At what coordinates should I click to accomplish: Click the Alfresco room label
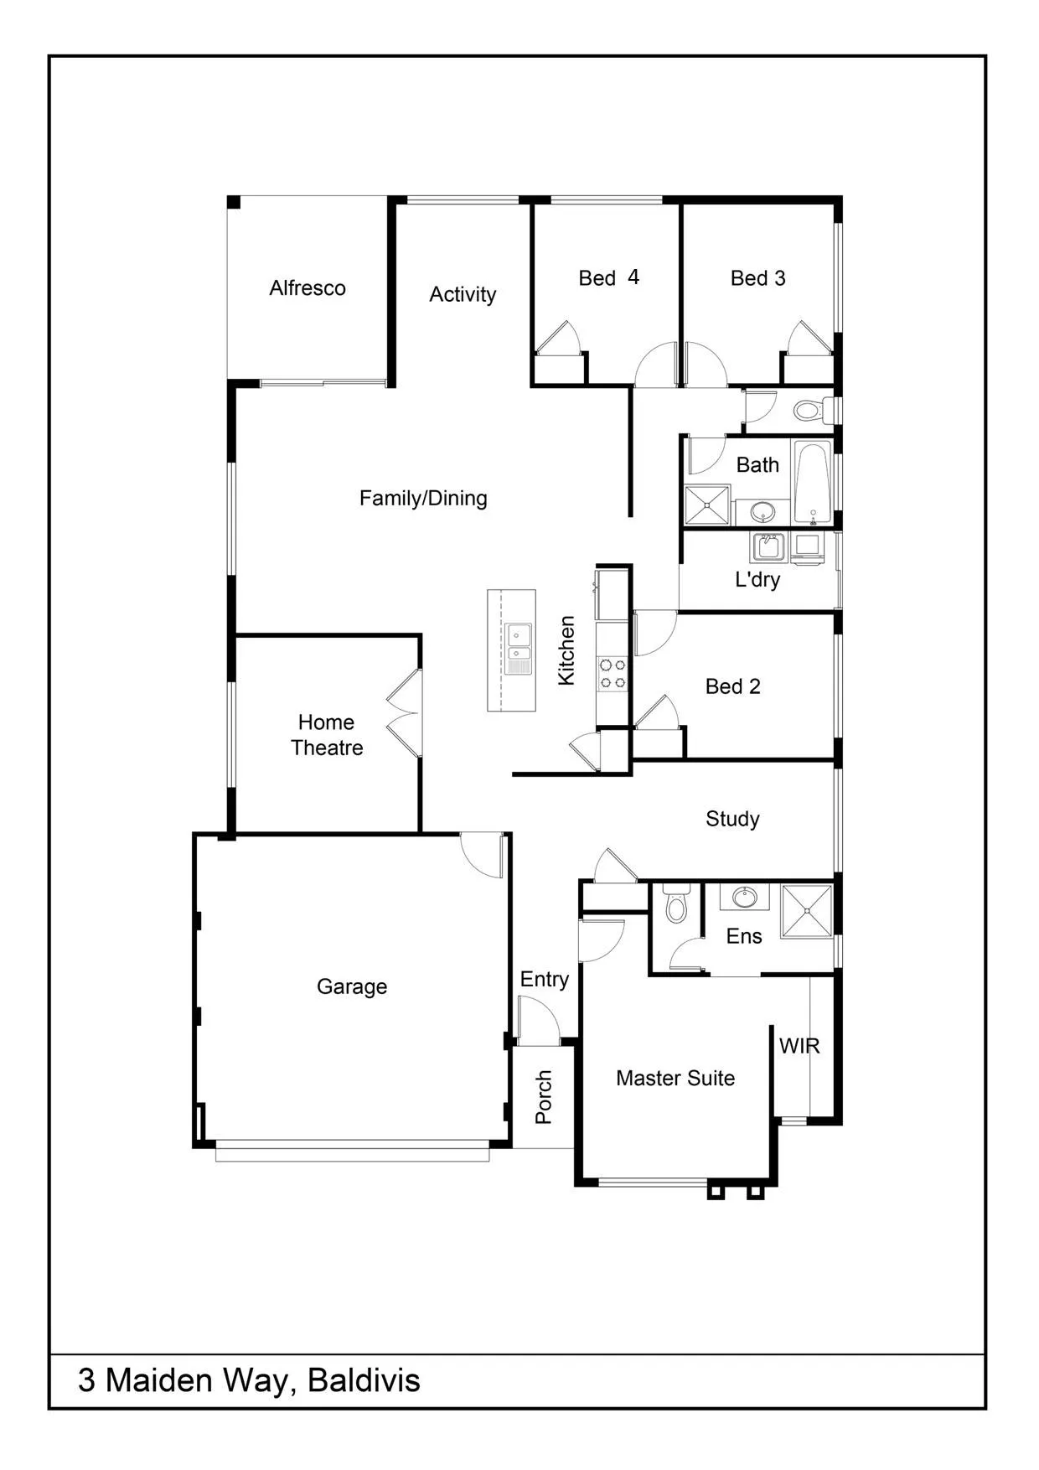tap(308, 288)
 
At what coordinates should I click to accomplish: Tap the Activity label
tap(463, 294)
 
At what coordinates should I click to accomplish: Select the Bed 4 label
tap(609, 277)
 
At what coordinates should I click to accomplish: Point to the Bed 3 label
tap(758, 278)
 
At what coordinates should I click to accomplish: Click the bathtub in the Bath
tap(812, 482)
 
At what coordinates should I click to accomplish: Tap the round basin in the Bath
tap(762, 510)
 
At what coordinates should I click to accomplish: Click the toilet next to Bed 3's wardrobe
tap(813, 411)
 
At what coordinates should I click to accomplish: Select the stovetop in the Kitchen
tap(612, 674)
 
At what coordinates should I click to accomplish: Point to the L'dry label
tap(757, 579)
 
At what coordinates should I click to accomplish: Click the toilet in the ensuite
tap(675, 903)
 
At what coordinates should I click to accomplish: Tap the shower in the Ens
tap(807, 910)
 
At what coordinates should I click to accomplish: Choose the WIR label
tap(799, 1046)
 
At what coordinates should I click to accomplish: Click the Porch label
tap(544, 1096)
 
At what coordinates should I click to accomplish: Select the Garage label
tap(352, 986)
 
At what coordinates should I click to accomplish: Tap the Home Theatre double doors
tap(405, 713)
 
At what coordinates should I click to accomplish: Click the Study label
tap(732, 819)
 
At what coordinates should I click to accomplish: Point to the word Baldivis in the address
tap(364, 1379)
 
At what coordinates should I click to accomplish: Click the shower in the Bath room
tap(708, 505)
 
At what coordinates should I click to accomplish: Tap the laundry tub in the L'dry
tap(768, 546)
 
